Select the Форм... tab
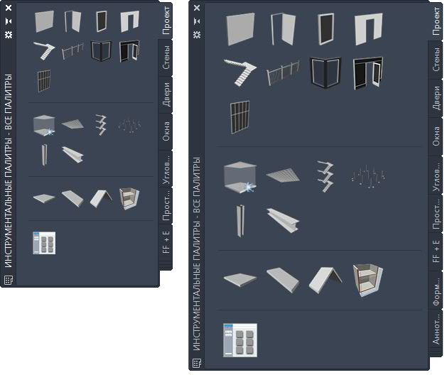pyautogui.click(x=436, y=291)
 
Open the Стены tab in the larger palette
pyautogui.click(x=436, y=59)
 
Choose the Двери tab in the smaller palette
pyautogui.click(x=166, y=94)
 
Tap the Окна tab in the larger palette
pyautogui.click(x=436, y=136)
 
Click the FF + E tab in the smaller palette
pyautogui.click(x=166, y=242)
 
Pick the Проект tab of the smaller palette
pyautogui.click(x=166, y=21)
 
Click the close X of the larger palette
pyautogui.click(x=197, y=8)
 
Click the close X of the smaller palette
pyautogui.click(x=9, y=8)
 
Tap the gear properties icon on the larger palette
pyautogui.click(x=197, y=35)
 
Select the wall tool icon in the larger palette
pyautogui.click(x=240, y=29)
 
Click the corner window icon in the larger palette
pyautogui.click(x=325, y=73)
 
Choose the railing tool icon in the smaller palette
pyautogui.click(x=72, y=50)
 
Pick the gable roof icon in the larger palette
pyautogui.click(x=325, y=280)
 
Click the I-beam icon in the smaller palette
pyautogui.click(x=72, y=155)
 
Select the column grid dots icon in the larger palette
pyautogui.click(x=368, y=176)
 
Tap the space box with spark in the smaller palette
pyautogui.click(x=44, y=125)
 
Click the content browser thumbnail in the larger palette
pyautogui.click(x=240, y=340)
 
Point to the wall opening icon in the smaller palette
pyautogui.click(x=129, y=21)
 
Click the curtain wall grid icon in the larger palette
pyautogui.click(x=239, y=117)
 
